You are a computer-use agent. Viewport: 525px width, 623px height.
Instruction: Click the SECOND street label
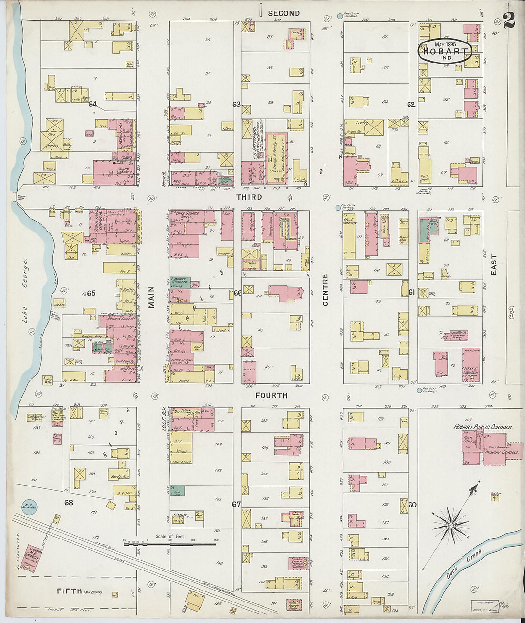[x=283, y=13]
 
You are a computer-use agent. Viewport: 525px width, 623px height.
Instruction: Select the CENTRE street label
[x=325, y=289]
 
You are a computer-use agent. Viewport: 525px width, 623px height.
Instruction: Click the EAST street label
[x=494, y=264]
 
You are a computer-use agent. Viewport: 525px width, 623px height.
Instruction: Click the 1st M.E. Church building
[x=472, y=365]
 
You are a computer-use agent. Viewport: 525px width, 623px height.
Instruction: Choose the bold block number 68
[x=69, y=503]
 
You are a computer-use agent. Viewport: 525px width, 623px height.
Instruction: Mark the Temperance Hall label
[x=186, y=411]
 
